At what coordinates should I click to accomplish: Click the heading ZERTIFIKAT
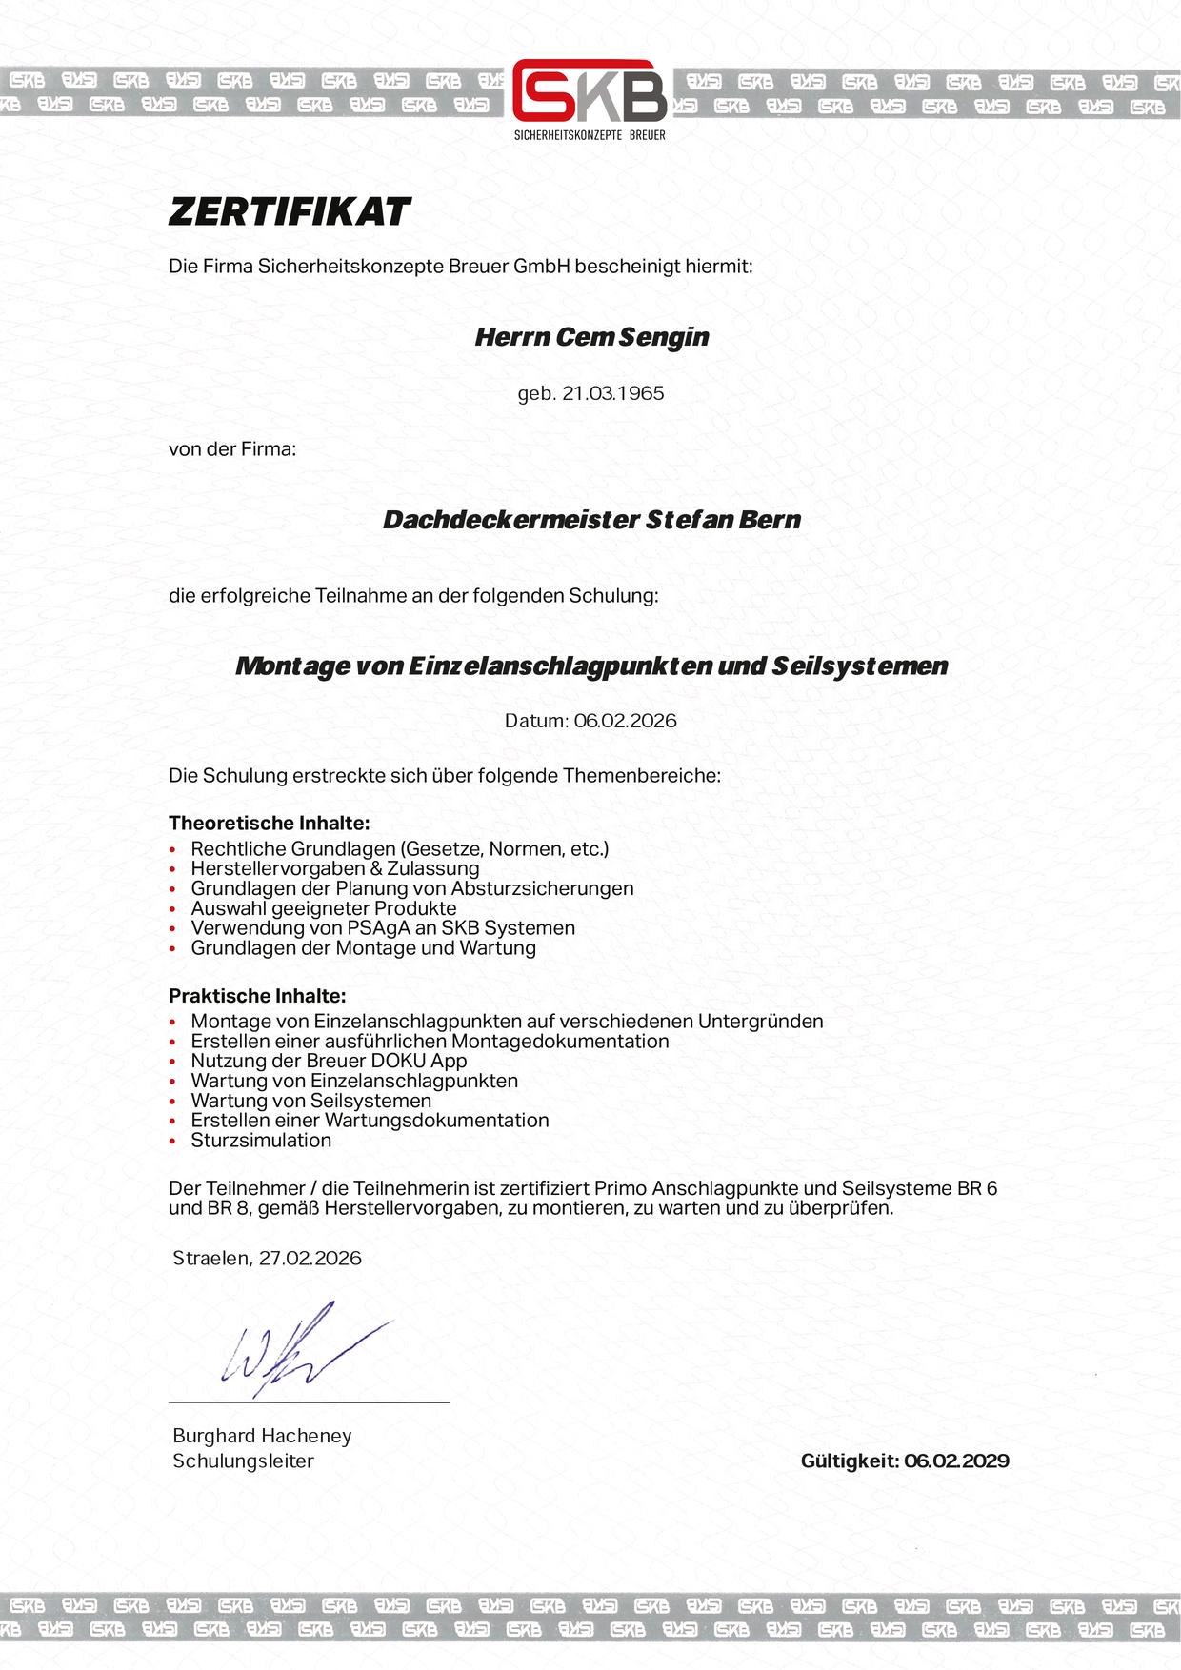(x=290, y=211)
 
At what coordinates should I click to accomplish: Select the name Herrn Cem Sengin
(x=591, y=337)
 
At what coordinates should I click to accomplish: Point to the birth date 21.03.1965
(x=613, y=393)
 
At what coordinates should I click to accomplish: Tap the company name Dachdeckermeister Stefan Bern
(x=591, y=521)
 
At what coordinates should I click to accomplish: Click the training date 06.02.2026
(x=625, y=721)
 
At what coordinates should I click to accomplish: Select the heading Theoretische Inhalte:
(x=269, y=823)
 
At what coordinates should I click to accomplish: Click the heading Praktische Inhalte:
(x=257, y=996)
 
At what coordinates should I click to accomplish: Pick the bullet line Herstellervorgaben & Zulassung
(x=335, y=868)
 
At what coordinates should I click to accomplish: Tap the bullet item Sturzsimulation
(x=261, y=1141)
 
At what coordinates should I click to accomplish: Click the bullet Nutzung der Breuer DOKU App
(x=329, y=1061)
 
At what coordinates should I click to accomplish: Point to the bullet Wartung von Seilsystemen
(x=310, y=1101)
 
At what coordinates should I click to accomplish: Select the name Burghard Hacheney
(x=262, y=1436)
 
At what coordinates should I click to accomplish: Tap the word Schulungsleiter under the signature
(x=243, y=1461)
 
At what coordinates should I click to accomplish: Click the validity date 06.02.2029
(x=956, y=1461)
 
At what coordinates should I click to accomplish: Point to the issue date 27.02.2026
(x=310, y=1258)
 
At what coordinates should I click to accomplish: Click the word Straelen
(x=211, y=1258)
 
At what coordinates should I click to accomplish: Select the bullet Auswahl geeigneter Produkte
(x=324, y=908)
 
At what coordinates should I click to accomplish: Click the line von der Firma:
(x=232, y=448)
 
